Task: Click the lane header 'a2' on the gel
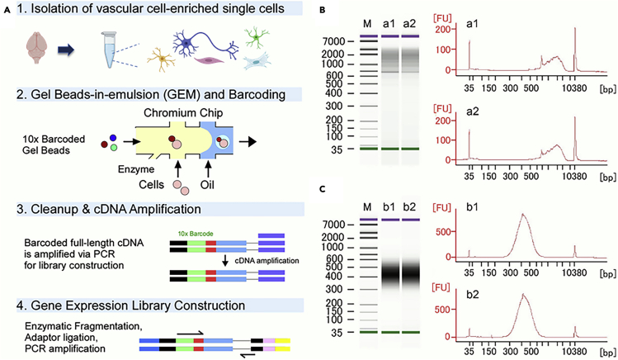click(x=410, y=23)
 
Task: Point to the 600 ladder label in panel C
click(x=333, y=256)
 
